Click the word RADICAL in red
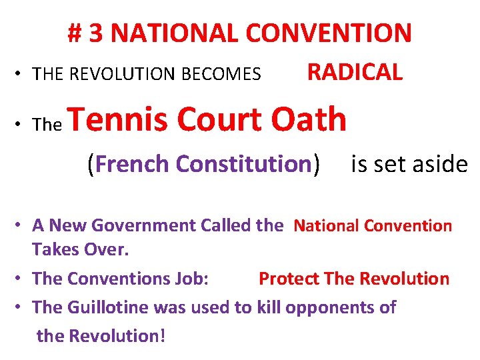click(355, 71)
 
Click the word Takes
click(53, 250)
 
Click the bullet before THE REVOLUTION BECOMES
click(22, 74)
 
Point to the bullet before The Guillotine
click(22, 307)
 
